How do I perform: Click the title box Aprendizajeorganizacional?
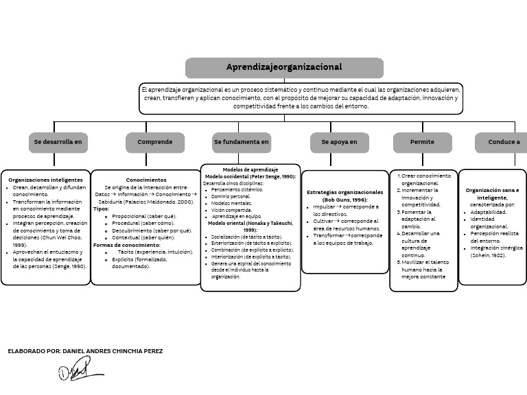(284, 67)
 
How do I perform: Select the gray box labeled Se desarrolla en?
(58, 142)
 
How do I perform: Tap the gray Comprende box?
(155, 142)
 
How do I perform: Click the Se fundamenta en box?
(242, 142)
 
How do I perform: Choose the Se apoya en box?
(339, 142)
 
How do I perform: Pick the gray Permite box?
(422, 142)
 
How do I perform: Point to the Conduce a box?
(503, 142)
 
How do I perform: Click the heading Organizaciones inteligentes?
(45, 180)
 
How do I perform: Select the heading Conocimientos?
(145, 180)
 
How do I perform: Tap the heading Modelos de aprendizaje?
(250, 169)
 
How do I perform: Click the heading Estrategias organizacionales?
(344, 192)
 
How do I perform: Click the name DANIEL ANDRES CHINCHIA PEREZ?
(113, 350)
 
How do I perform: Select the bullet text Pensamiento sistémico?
(237, 189)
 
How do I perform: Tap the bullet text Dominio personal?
(231, 196)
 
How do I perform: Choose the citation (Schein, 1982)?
(488, 254)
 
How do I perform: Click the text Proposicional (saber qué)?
(144, 216)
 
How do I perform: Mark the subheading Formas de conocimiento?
(127, 245)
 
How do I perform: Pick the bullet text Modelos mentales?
(232, 203)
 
